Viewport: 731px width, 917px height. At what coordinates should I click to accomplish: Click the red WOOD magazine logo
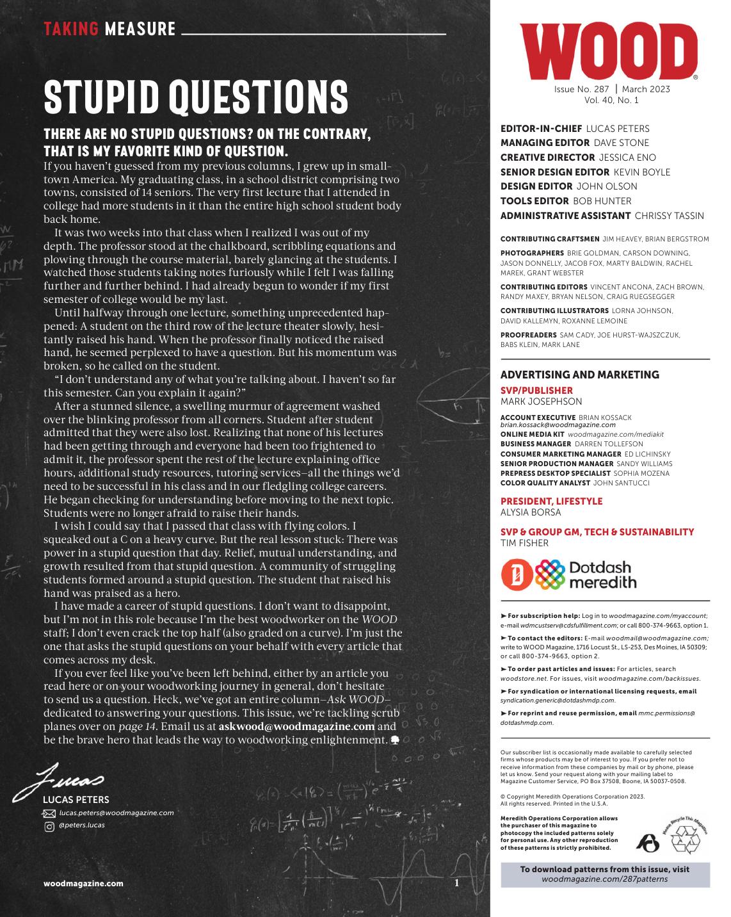click(x=609, y=51)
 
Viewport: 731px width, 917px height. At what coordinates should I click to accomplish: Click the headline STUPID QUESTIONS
click(x=196, y=98)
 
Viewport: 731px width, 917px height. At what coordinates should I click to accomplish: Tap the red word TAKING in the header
click(x=71, y=29)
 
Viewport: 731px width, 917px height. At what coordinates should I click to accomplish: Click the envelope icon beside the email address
click(x=49, y=813)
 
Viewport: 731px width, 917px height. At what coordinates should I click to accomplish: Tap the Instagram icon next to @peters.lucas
click(x=49, y=826)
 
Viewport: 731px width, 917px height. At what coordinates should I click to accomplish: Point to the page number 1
click(x=457, y=883)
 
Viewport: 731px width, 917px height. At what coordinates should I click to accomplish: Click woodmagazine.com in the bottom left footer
click(x=83, y=884)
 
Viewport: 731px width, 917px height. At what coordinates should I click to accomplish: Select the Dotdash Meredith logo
click(x=568, y=574)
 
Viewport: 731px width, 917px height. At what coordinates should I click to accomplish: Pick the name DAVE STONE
click(x=621, y=143)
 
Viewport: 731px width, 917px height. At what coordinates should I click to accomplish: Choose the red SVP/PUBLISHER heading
click(x=536, y=391)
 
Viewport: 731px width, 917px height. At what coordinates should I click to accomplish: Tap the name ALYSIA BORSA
click(x=530, y=512)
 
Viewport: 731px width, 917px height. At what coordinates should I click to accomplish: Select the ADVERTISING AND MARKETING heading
click(x=579, y=375)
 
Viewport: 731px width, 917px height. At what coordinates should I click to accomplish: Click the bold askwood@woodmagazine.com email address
click(x=296, y=727)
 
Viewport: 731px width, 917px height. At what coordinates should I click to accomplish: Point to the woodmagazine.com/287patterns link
click(x=604, y=879)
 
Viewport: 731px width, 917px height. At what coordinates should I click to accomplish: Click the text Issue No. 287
click(x=582, y=89)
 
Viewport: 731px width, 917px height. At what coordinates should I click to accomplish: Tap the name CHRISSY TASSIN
click(x=669, y=216)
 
